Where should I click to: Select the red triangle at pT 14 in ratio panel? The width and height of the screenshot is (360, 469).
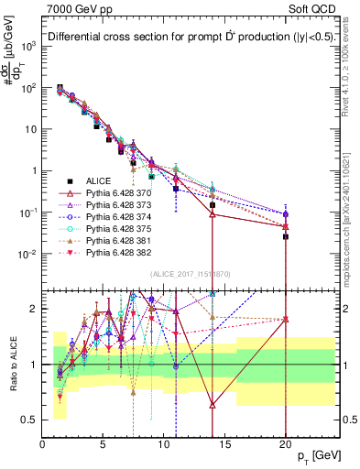point(213,404)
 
